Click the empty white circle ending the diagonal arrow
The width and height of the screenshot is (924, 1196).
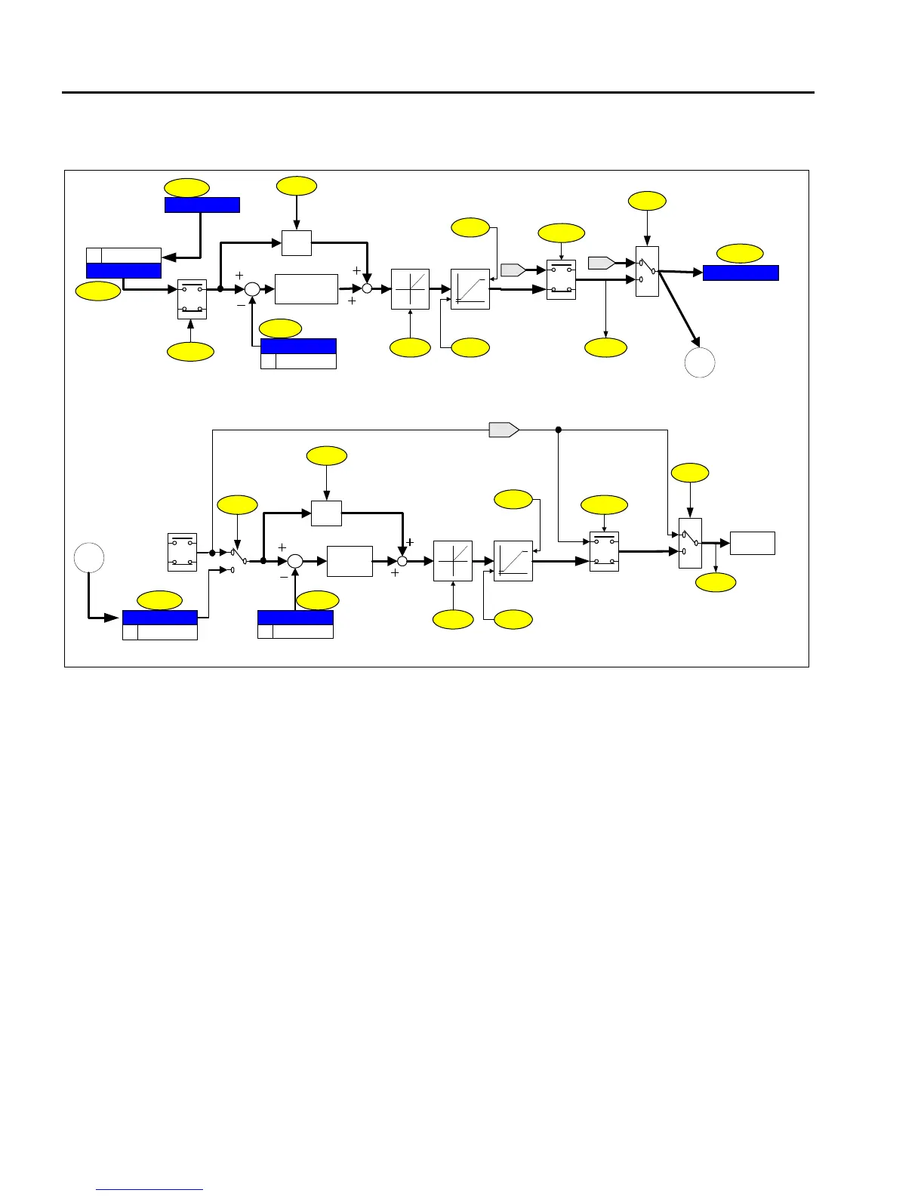pyautogui.click(x=700, y=362)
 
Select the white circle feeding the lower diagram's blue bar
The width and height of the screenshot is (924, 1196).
pyautogui.click(x=89, y=557)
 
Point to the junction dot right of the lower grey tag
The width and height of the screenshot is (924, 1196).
pyautogui.click(x=559, y=430)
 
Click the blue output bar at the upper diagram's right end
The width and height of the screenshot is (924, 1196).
pyautogui.click(x=741, y=273)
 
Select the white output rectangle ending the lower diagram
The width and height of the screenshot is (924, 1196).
pyautogui.click(x=753, y=543)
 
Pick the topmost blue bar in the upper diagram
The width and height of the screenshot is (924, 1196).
pyautogui.click(x=202, y=205)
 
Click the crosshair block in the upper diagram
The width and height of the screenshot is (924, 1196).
pyautogui.click(x=410, y=289)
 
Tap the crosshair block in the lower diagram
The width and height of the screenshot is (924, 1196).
pyautogui.click(x=453, y=561)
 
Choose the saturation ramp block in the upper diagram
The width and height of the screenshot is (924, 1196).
pyautogui.click(x=470, y=289)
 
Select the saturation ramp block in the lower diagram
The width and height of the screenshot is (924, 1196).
pyautogui.click(x=513, y=561)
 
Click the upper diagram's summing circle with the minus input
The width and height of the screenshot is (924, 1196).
pyautogui.click(x=252, y=289)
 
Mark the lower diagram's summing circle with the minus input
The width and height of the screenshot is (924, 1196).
pyautogui.click(x=295, y=561)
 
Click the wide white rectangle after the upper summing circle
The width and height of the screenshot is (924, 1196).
pyautogui.click(x=306, y=289)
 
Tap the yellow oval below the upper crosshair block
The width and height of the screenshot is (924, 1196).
pyautogui.click(x=410, y=347)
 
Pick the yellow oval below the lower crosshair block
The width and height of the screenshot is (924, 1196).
pyautogui.click(x=453, y=619)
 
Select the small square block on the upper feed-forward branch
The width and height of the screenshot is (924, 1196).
pyautogui.click(x=297, y=243)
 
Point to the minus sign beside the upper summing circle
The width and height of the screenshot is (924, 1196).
pyautogui.click(x=241, y=306)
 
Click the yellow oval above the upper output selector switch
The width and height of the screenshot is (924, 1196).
pyautogui.click(x=647, y=201)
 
